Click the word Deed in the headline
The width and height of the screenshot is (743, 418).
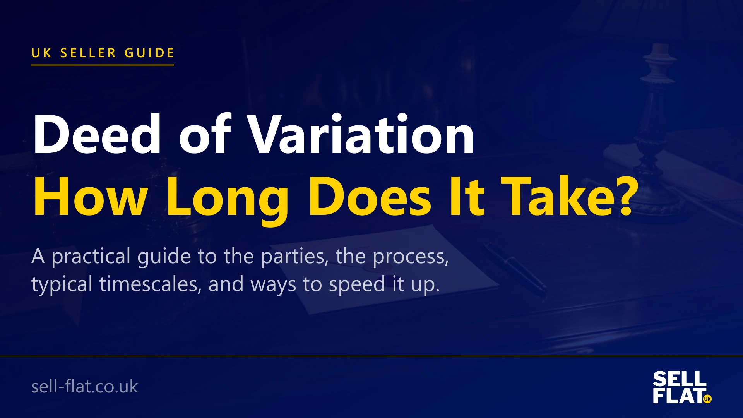[97, 134]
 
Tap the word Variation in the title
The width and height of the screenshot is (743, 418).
[361, 134]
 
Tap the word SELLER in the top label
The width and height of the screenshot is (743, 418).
[88, 53]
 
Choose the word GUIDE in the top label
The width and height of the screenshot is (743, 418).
[149, 53]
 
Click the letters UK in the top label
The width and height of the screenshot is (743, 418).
[41, 53]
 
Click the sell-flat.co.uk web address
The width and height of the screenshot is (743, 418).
[84, 386]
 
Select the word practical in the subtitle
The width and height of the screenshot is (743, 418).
[91, 257]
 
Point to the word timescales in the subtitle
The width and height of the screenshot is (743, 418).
[151, 284]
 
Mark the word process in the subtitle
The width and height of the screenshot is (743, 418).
[410, 257]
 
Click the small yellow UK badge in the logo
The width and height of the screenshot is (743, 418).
[707, 399]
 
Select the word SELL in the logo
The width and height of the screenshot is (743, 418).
[680, 379]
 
